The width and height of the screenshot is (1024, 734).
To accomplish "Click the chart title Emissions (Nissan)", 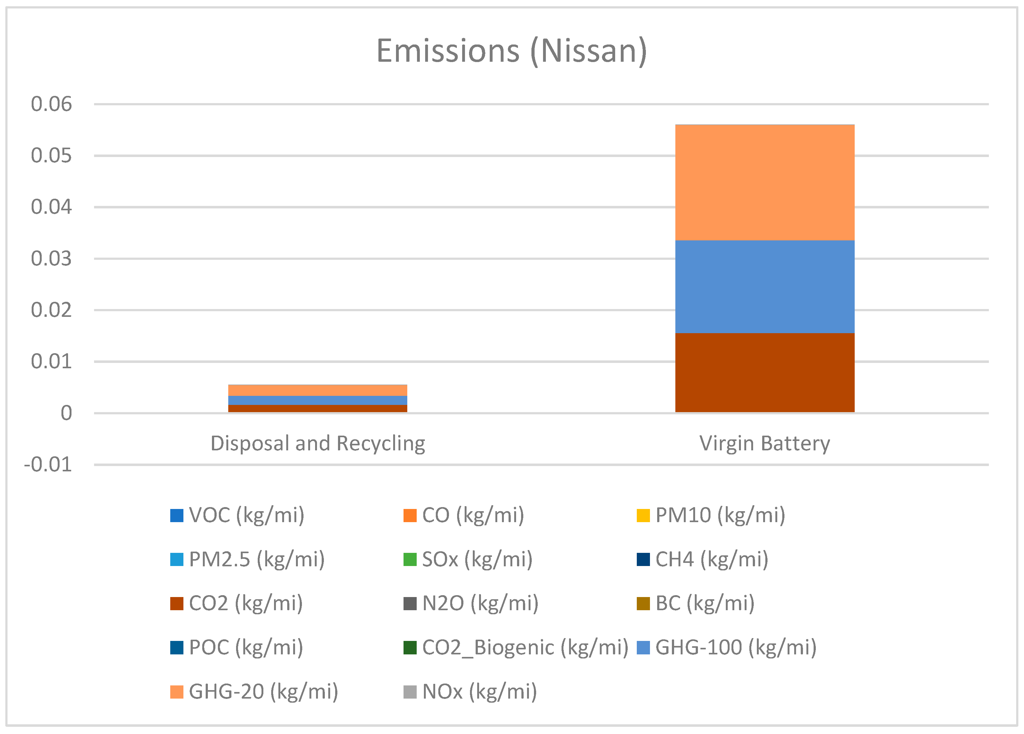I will coord(512,51).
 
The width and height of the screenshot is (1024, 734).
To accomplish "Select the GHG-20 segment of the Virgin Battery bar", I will coord(764,182).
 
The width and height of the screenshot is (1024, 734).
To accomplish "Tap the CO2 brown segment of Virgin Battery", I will coord(764,372).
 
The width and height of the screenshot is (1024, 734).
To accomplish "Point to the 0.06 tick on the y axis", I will coord(51,104).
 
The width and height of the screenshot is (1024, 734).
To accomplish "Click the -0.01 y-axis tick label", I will coord(48,464).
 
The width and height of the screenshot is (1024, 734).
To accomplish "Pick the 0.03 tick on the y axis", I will coord(51,259).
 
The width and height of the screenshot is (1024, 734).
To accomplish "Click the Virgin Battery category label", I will coord(764,443).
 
